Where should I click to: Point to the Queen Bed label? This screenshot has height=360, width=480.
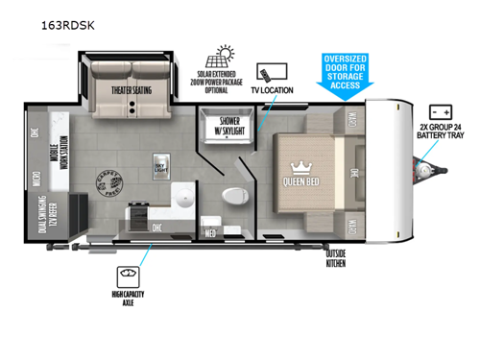pos(306,180)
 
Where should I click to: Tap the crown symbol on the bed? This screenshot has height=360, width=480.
pos(306,164)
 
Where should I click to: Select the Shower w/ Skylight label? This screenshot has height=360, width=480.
pos(227,128)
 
